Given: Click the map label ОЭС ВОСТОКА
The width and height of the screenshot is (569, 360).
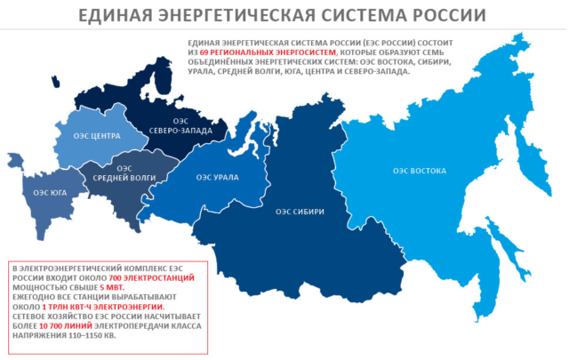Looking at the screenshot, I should (x=418, y=170).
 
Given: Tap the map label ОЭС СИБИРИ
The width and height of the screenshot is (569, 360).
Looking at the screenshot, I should (x=299, y=212).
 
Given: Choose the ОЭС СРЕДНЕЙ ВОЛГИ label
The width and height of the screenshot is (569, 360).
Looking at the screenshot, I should (x=124, y=173).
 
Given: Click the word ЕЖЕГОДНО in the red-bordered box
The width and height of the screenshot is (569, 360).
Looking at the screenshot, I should (x=33, y=298).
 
